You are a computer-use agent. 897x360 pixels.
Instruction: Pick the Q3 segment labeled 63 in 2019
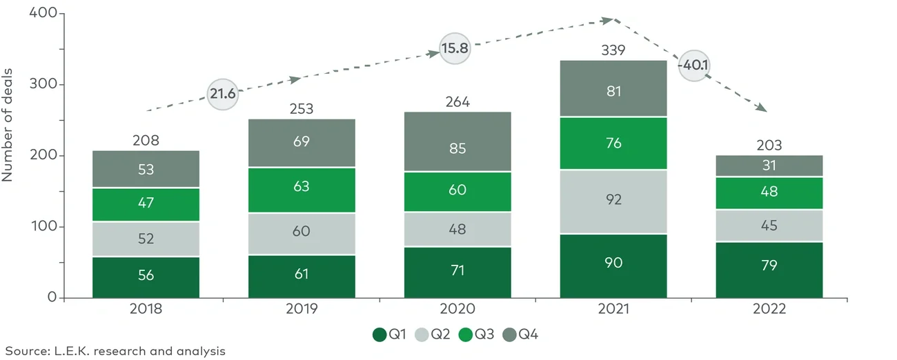pos(302,186)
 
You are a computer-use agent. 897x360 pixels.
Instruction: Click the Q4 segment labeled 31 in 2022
pos(769,166)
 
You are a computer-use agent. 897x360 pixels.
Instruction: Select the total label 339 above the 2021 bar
pos(613,50)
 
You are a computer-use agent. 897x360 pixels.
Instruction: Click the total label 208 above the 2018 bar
pos(146,141)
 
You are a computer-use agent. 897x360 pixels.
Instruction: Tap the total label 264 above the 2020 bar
pos(457,102)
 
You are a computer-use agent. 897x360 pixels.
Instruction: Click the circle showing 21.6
pos(223,94)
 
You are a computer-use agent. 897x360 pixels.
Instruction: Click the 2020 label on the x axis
pos(457,310)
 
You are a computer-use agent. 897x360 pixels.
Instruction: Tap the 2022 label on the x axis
pos(769,310)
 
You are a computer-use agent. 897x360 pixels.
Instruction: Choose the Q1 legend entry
pos(389,335)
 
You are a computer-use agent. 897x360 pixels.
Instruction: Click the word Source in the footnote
pos(23,352)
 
